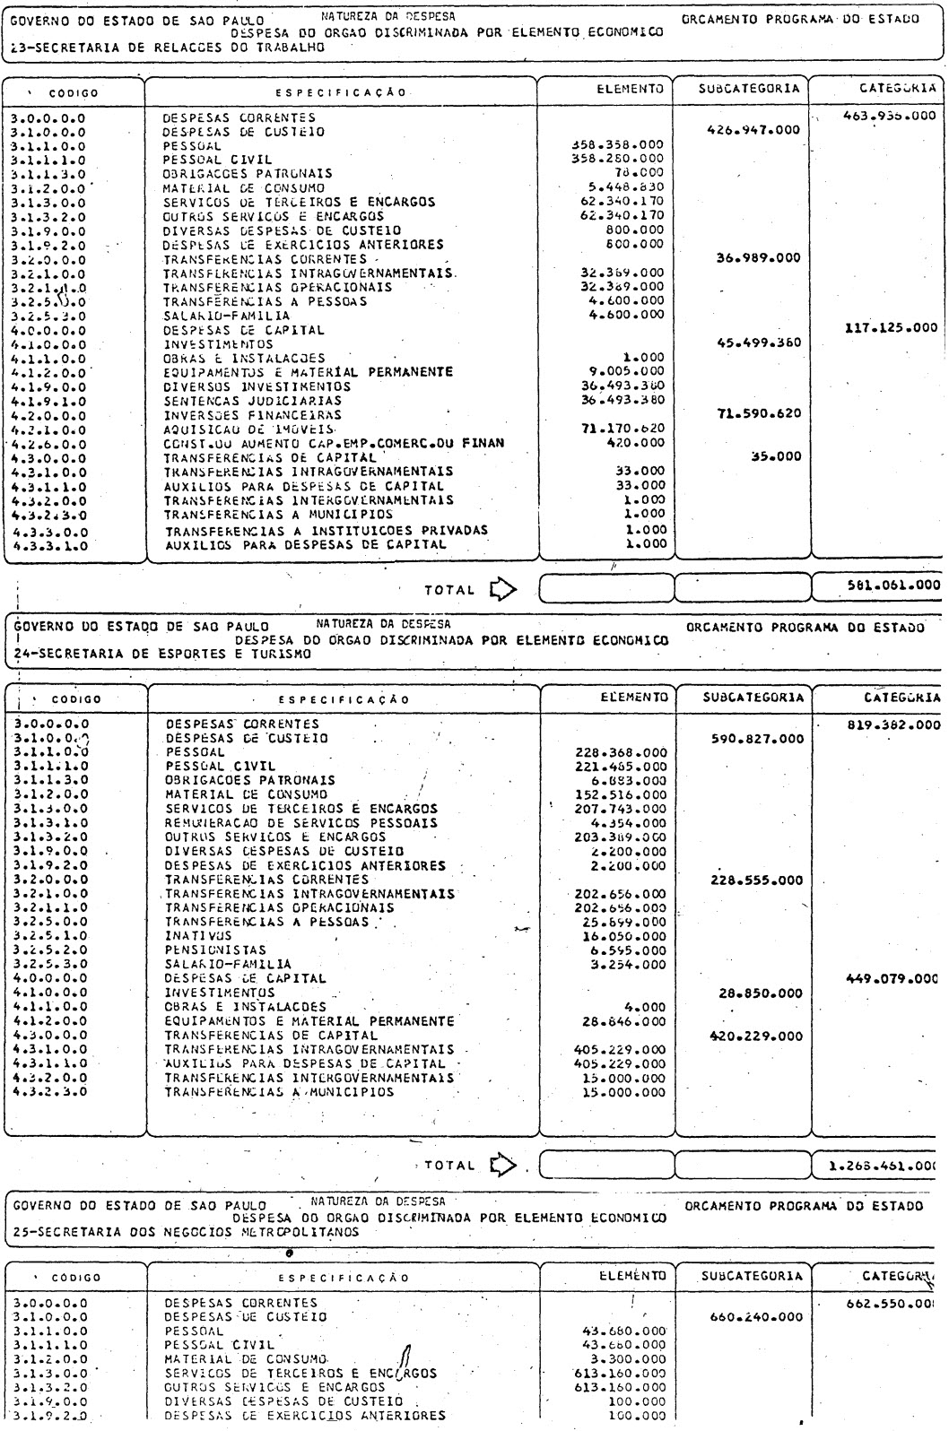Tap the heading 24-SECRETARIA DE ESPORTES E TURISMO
coord(161,655)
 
